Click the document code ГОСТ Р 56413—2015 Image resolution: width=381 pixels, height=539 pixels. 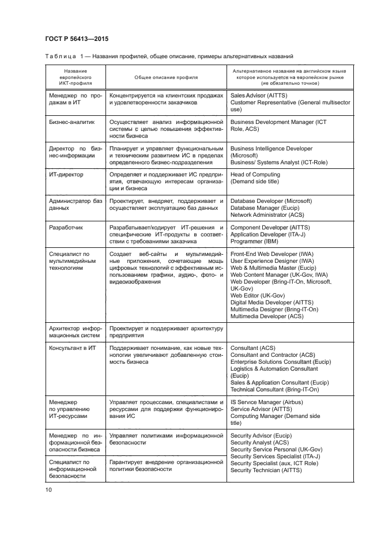click(76, 39)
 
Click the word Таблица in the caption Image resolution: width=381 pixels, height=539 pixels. click(60, 56)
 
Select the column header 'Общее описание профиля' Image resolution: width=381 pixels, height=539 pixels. click(165, 76)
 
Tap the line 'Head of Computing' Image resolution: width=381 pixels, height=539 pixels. click(255, 174)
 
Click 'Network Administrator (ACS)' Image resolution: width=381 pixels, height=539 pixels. click(267, 215)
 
